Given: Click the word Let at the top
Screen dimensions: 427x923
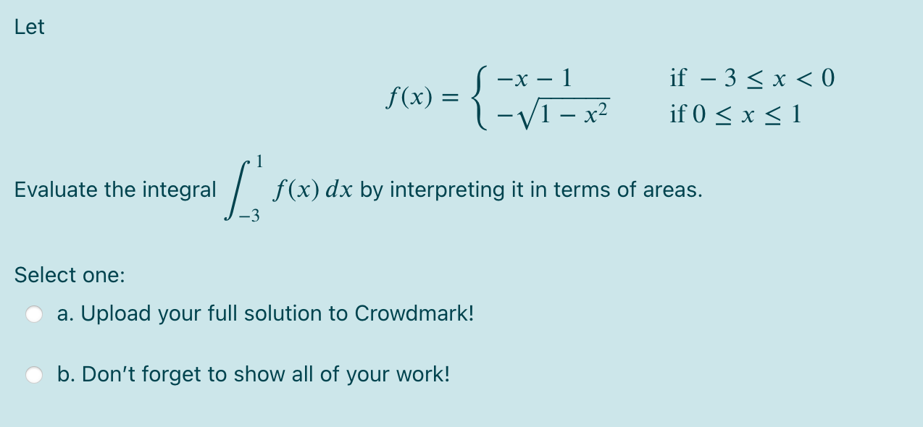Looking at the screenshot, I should pos(29,28).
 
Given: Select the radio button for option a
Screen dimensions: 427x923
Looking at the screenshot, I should pos(34,313).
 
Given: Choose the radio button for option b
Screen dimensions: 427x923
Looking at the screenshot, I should pos(34,374).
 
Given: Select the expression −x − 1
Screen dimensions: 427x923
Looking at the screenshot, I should pos(537,77).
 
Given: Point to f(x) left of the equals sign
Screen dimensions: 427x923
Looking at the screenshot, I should pos(409,96).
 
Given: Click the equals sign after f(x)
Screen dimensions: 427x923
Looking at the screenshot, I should pos(451,96).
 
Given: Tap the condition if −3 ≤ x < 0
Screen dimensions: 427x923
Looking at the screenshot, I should pos(752,77).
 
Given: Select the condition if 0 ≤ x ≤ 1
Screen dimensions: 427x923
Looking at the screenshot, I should pos(735,114).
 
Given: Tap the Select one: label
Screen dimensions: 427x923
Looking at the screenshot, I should pos(70,275).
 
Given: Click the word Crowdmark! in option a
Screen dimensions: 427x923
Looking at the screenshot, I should pos(414,313).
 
